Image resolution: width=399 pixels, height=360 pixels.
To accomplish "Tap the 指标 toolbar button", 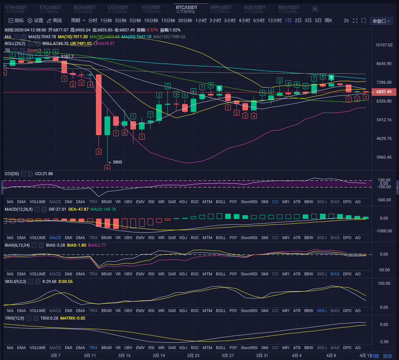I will click(16, 21).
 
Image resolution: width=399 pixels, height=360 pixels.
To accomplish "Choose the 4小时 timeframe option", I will click(244, 21).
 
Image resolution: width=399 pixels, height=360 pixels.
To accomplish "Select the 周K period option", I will click(328, 21).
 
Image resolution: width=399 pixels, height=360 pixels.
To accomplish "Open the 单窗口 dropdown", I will click(381, 21).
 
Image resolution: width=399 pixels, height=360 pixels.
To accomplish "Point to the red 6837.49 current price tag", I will click(383, 92).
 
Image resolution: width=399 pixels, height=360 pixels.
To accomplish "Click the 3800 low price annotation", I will click(117, 162).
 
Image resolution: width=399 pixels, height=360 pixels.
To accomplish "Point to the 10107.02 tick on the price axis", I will click(384, 45).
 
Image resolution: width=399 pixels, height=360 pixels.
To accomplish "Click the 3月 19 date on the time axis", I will click(159, 355).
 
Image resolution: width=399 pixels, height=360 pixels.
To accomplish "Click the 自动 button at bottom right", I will click(387, 356).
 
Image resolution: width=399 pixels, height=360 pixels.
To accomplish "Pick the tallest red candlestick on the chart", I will click(99, 105).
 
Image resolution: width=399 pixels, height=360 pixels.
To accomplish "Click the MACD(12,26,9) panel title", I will click(18, 209).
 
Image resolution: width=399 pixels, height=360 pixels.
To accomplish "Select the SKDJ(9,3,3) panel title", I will click(15, 281).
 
